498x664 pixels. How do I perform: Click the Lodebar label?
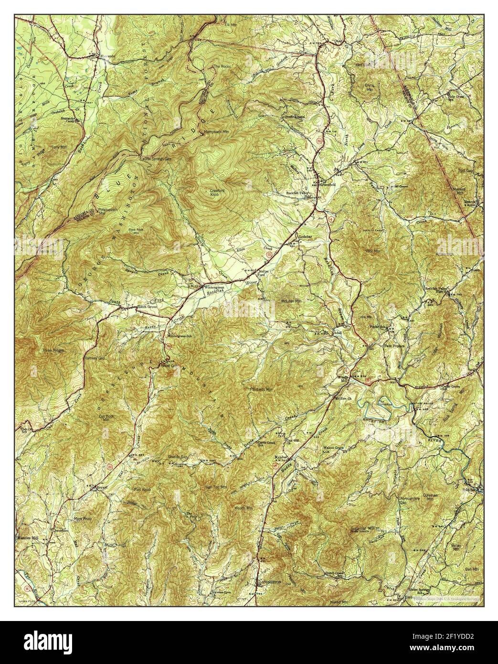305,236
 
